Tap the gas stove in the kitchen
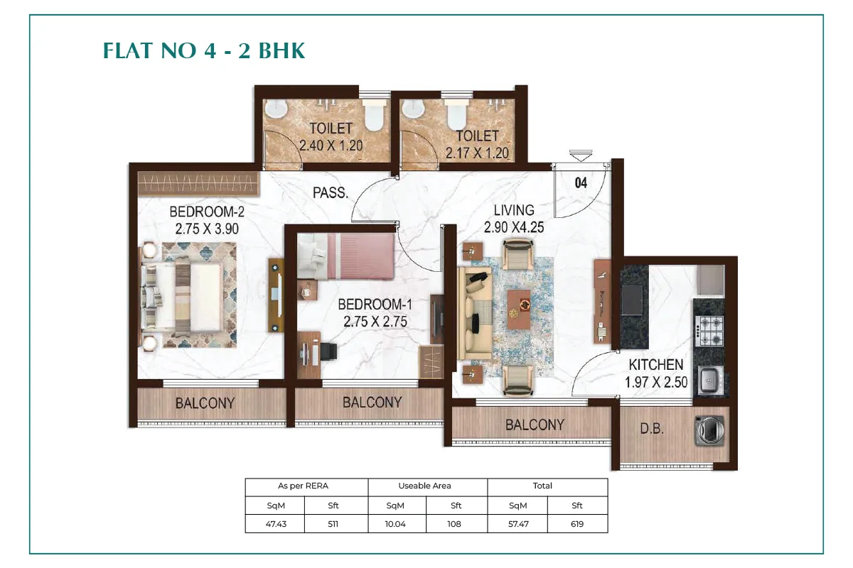709,331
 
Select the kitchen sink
709,380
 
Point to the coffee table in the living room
518,310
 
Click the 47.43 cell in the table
276,524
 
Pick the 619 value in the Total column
577,524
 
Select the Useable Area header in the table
424,486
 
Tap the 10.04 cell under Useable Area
395,524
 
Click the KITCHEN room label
655,365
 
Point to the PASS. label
330,192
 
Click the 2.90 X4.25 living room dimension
514,227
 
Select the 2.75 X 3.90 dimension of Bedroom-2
207,229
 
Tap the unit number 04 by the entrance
581,183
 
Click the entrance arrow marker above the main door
581,155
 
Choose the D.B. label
652,429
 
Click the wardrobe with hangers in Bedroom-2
198,183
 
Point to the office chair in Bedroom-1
328,351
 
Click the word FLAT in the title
129,50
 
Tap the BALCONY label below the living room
535,425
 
